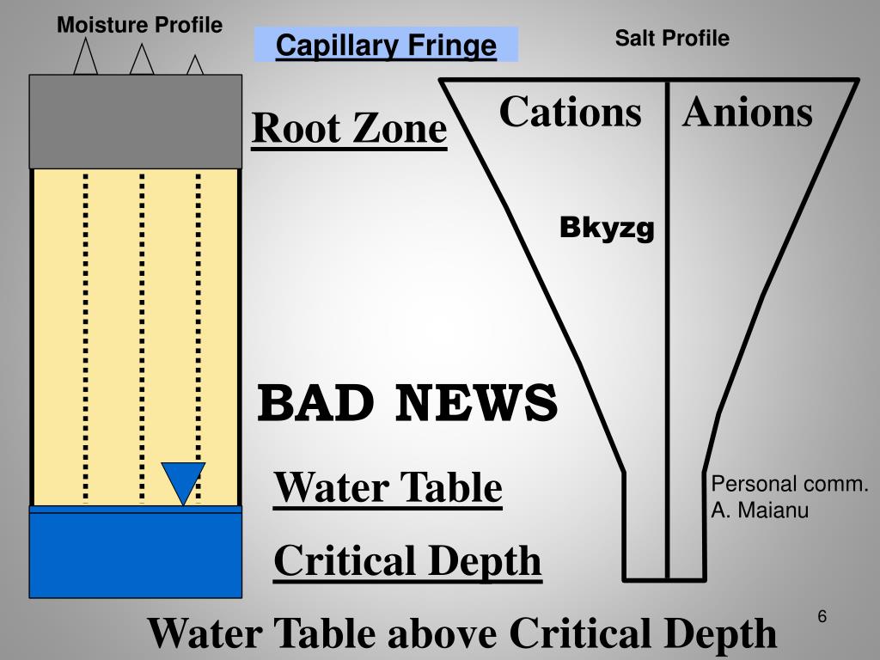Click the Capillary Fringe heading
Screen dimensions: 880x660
pos(386,45)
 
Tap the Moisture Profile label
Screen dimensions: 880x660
pos(139,26)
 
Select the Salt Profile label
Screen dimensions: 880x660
pos(672,38)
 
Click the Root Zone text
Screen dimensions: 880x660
pos(349,129)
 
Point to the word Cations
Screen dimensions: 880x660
pos(570,113)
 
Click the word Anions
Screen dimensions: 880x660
pos(747,113)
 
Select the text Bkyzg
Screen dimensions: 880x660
pos(607,229)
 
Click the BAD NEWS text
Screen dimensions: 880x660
pos(408,403)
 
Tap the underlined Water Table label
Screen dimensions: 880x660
pos(388,488)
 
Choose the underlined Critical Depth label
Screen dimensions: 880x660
pos(407,561)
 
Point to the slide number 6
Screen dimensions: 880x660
pos(822,617)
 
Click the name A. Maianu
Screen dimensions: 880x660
pos(759,511)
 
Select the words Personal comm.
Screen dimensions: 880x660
pos(789,484)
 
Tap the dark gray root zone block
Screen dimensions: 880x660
pos(136,121)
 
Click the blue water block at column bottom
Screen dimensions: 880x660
pos(136,554)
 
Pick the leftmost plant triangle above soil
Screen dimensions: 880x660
pos(85,58)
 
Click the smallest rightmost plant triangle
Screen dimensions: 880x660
pos(195,65)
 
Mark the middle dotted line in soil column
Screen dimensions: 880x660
pos(142,335)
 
